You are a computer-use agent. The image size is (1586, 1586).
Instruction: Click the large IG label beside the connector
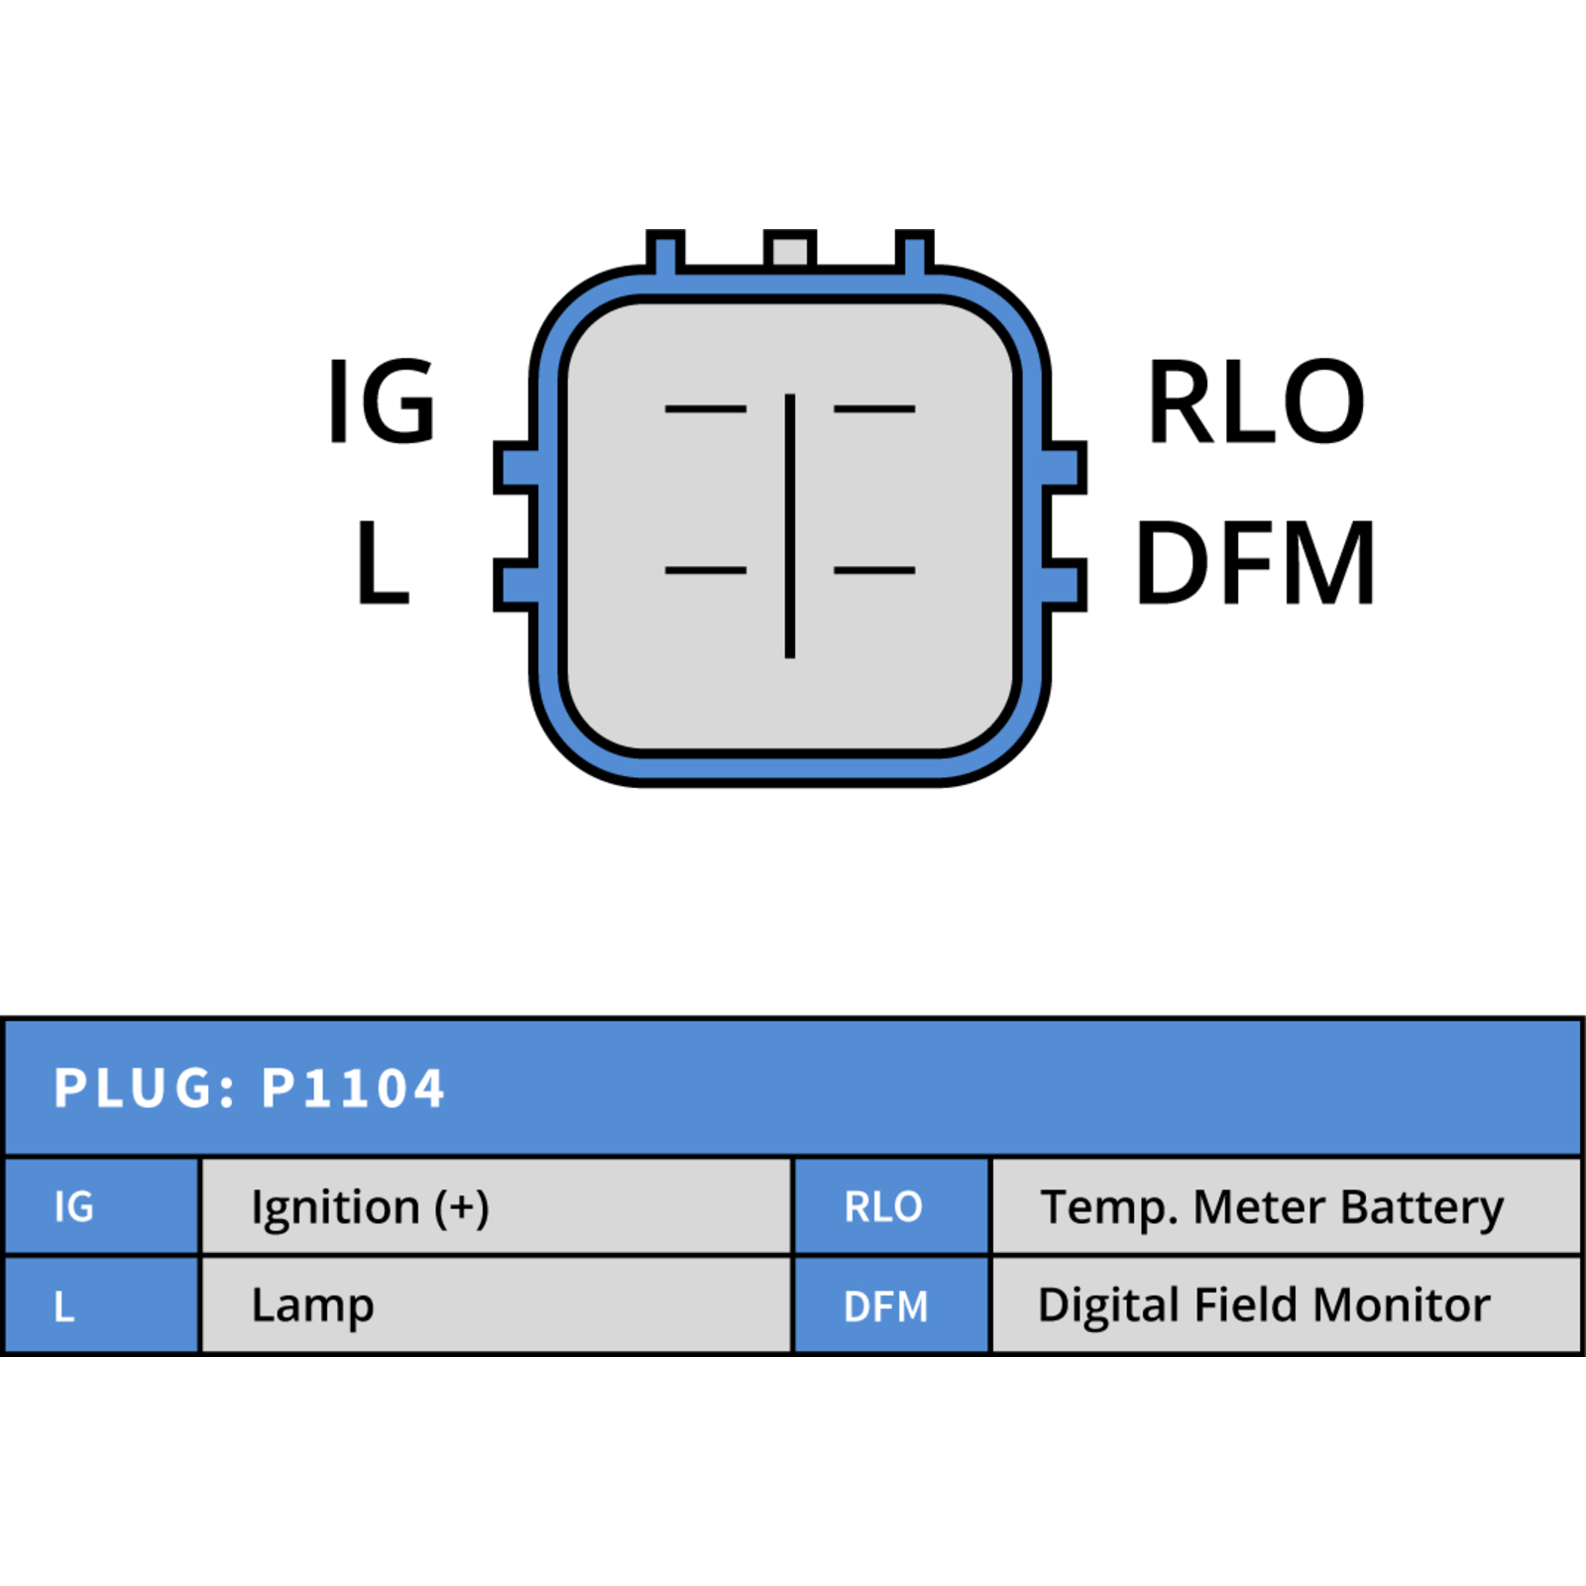[382, 400]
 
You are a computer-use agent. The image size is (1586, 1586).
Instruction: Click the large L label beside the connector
[383, 562]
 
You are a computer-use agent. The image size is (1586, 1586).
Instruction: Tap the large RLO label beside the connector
[1256, 400]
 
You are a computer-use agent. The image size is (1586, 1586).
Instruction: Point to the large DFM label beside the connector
[1255, 562]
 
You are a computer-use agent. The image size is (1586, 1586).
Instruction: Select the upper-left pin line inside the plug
[706, 408]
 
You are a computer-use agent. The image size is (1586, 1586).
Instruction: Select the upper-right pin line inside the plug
[874, 408]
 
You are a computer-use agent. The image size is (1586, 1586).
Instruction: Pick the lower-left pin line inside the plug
[706, 570]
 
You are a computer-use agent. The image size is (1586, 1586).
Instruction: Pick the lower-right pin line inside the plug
[874, 570]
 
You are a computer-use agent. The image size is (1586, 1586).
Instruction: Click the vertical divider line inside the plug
[790, 525]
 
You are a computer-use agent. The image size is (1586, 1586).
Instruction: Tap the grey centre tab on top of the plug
[790, 250]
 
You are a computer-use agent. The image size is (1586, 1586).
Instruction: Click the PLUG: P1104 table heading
[250, 1087]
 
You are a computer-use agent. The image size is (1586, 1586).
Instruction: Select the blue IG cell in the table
[101, 1206]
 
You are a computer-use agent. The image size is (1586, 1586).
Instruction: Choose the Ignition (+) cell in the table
[497, 1206]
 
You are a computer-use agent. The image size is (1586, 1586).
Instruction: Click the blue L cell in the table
[101, 1304]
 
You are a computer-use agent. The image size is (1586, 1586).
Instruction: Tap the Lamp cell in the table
[497, 1304]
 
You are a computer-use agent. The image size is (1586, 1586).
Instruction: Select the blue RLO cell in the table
[892, 1206]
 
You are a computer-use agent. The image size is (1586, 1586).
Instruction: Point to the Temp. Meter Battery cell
[1287, 1206]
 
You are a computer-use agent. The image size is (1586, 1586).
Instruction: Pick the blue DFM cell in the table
[892, 1304]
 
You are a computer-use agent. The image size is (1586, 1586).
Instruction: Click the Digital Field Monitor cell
[1287, 1304]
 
